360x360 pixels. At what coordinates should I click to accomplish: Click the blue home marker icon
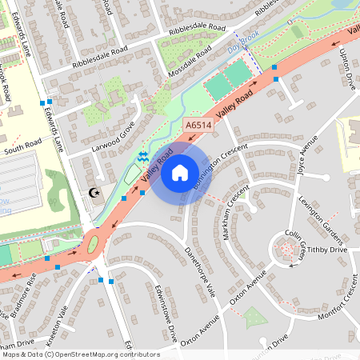[x=180, y=171]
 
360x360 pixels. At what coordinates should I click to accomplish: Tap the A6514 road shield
[x=198, y=126]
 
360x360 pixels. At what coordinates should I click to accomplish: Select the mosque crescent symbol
[x=95, y=193]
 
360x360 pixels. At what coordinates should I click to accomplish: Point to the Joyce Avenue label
[x=307, y=158]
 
